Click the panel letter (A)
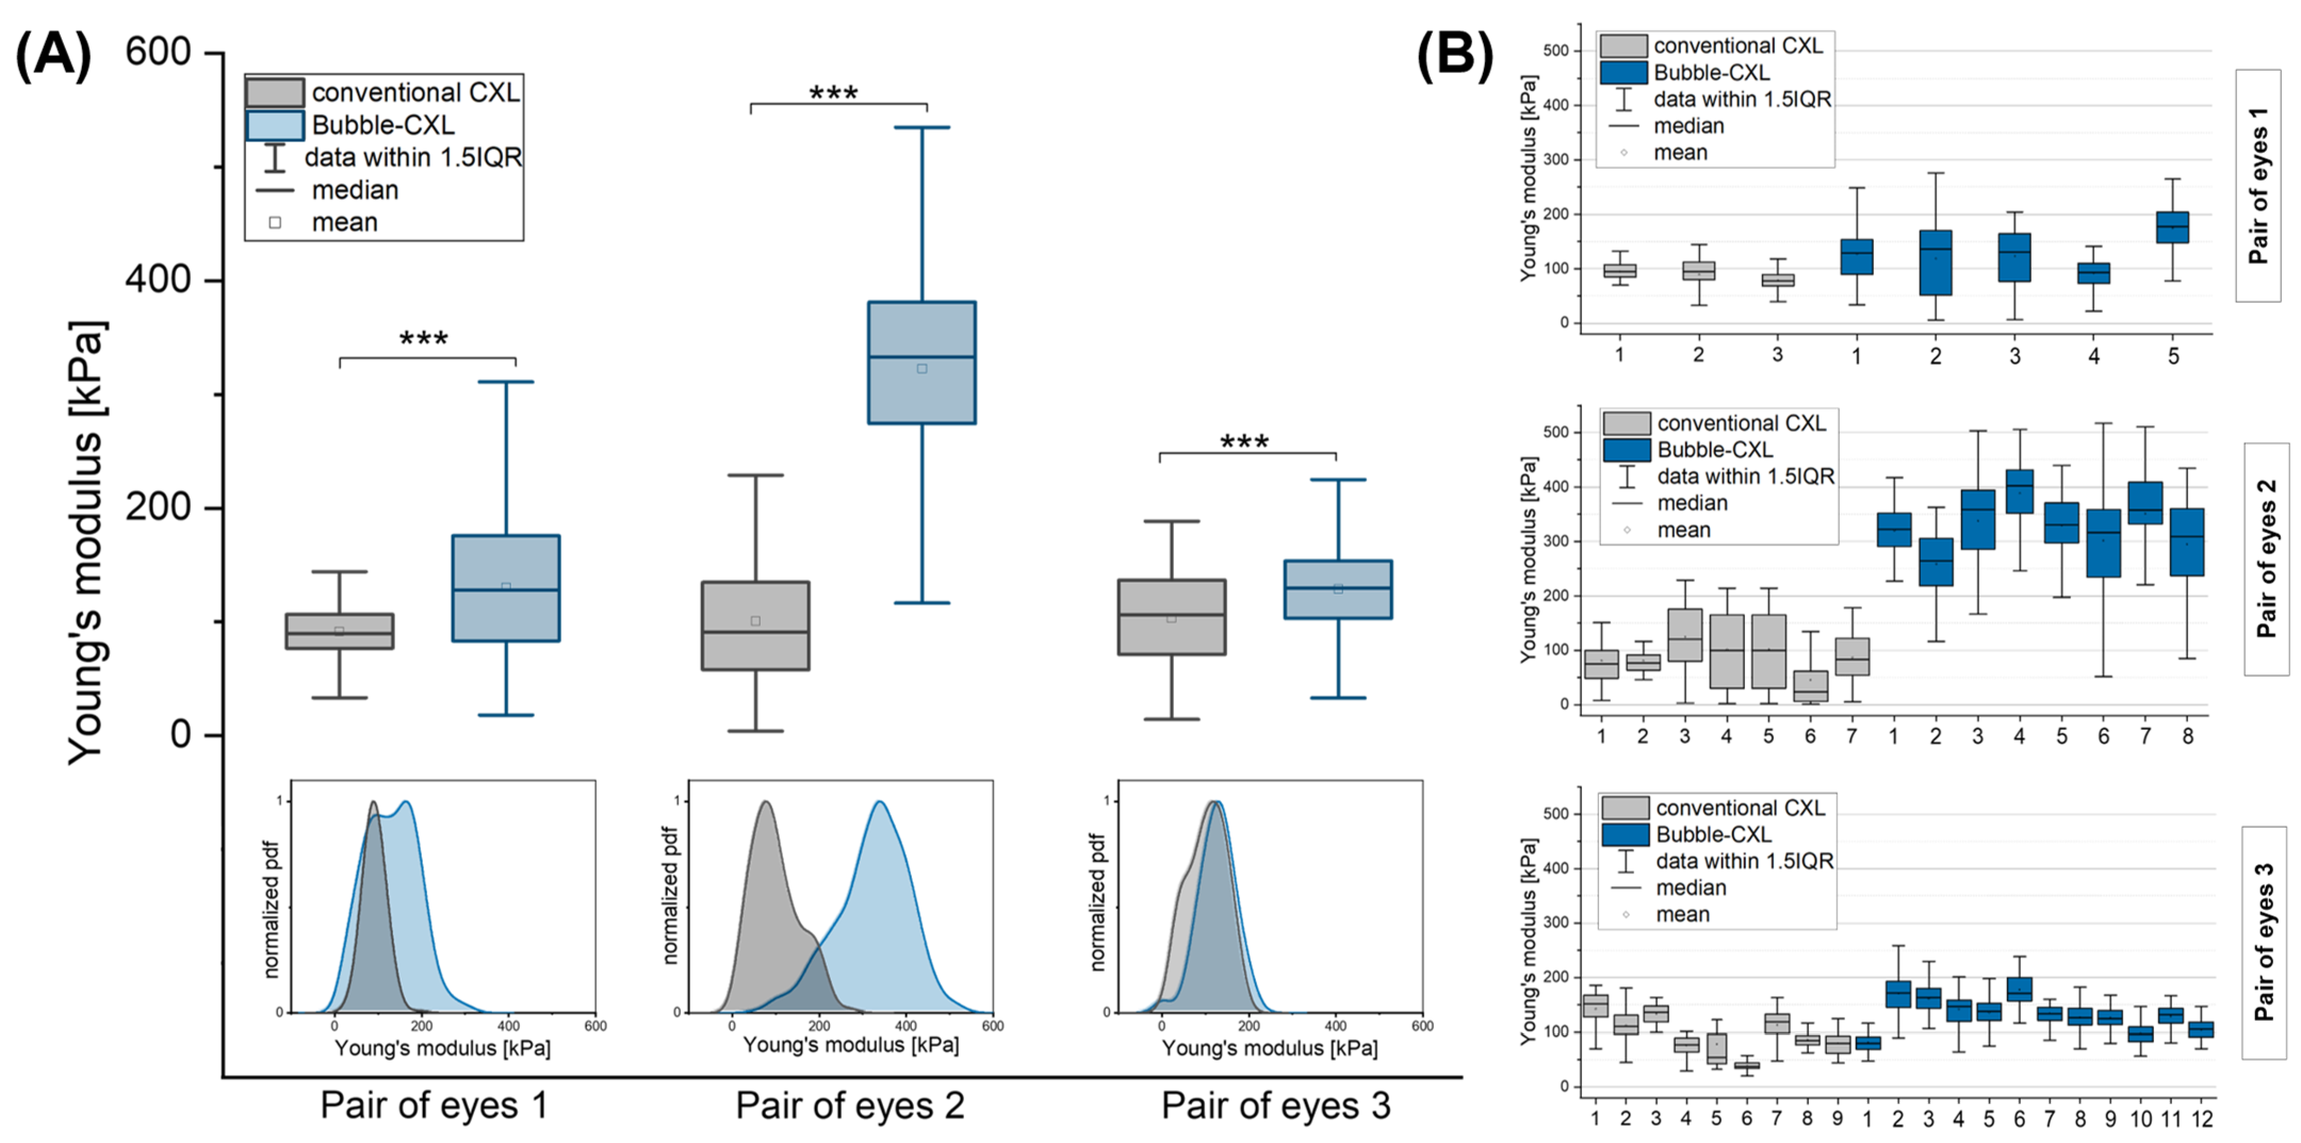click(54, 55)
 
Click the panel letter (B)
click(1454, 55)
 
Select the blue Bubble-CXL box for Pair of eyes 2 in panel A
click(922, 363)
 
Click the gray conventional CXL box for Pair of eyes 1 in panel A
click(339, 630)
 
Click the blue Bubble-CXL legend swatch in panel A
click(275, 125)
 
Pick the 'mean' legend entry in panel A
click(344, 223)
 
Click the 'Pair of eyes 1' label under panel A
click(434, 1106)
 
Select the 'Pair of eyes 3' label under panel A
click(1276, 1106)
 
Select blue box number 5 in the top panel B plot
click(2173, 227)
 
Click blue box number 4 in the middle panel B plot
click(2019, 491)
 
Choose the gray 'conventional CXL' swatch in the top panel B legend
click(1623, 46)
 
